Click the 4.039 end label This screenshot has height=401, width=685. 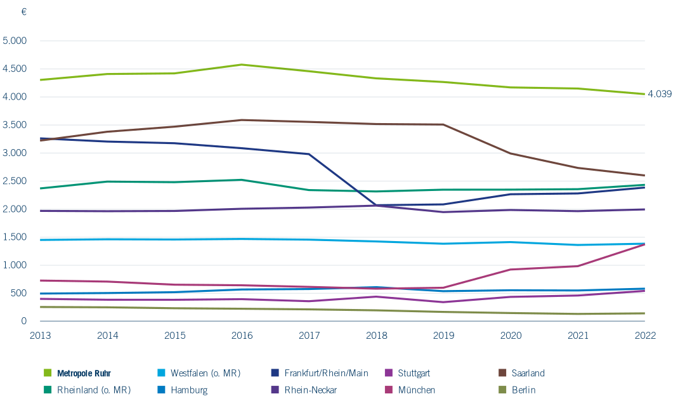pos(660,94)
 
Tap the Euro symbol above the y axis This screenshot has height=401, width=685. pos(24,12)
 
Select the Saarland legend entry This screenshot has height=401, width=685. pos(528,373)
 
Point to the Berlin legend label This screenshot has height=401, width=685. pos(523,390)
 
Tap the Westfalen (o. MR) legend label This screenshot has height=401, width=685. pos(205,373)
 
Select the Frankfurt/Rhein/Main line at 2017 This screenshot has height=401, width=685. pos(309,154)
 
